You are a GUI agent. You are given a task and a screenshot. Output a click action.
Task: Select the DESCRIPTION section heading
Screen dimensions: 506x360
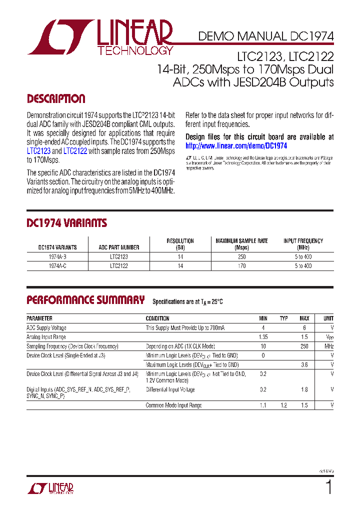click(56, 99)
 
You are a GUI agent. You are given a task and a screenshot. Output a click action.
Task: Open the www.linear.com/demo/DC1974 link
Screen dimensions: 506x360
click(236, 146)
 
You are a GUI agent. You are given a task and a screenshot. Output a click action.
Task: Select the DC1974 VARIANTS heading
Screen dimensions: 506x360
click(66, 223)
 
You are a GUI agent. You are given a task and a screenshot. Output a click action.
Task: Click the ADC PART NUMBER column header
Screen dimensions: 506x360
click(118, 247)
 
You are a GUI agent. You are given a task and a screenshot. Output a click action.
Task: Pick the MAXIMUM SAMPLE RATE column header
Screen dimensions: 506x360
click(241, 244)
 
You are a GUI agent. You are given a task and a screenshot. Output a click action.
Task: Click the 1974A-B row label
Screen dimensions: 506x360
click(57, 256)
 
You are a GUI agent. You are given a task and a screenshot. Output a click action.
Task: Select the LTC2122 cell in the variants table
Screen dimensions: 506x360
click(119, 266)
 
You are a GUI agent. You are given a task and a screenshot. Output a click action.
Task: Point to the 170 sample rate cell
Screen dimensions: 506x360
click(241, 266)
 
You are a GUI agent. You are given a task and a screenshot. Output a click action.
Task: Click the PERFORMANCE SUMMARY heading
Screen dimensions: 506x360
click(85, 300)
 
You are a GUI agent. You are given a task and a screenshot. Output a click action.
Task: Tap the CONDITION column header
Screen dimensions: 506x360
click(157, 318)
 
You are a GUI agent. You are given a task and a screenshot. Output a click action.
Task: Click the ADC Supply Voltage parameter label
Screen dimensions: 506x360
click(46, 328)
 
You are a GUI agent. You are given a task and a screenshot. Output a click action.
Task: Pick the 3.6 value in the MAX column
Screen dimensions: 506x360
click(304, 365)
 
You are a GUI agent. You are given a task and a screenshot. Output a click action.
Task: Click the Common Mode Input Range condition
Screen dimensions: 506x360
click(173, 405)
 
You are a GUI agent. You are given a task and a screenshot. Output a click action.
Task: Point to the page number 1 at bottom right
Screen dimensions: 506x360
click(328, 487)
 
